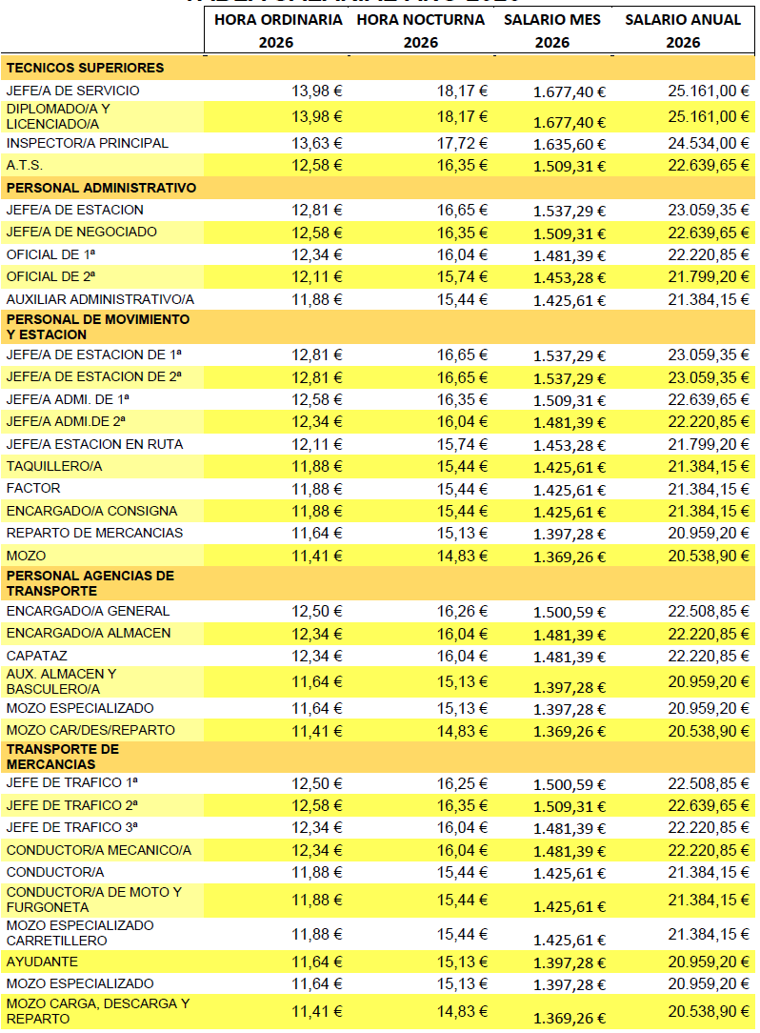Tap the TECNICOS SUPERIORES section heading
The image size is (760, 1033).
[85, 68]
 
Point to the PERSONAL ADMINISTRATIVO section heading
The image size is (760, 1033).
[101, 188]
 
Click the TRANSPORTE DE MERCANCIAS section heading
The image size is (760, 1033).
[63, 757]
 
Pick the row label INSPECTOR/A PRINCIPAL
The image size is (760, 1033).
[88, 143]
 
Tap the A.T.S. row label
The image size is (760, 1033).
[25, 165]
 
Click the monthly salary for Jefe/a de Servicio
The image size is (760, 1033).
[570, 91]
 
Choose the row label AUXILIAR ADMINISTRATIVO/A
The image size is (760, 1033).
[100, 299]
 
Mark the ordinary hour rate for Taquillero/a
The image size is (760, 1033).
[317, 466]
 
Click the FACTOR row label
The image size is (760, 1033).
[33, 488]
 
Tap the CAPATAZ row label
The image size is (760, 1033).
[36, 656]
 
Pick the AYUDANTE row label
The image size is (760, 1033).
[42, 962]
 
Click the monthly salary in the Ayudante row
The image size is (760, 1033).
[570, 963]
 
